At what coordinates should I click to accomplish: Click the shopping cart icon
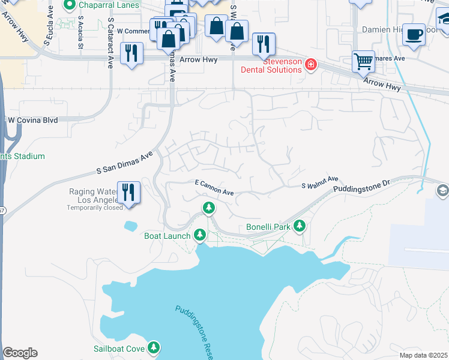pos(363,61)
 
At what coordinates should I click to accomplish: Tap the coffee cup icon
pos(414,34)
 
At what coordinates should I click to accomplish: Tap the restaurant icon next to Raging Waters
pos(128,192)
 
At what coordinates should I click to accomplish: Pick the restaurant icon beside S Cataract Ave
pos(131,52)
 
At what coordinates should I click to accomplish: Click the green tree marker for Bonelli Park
pos(299,226)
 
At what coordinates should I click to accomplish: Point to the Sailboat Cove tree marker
pos(154,347)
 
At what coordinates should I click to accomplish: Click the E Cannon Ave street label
pos(214,191)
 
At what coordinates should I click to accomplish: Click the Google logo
pos(20,353)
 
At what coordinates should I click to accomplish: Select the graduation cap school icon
pos(443,190)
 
